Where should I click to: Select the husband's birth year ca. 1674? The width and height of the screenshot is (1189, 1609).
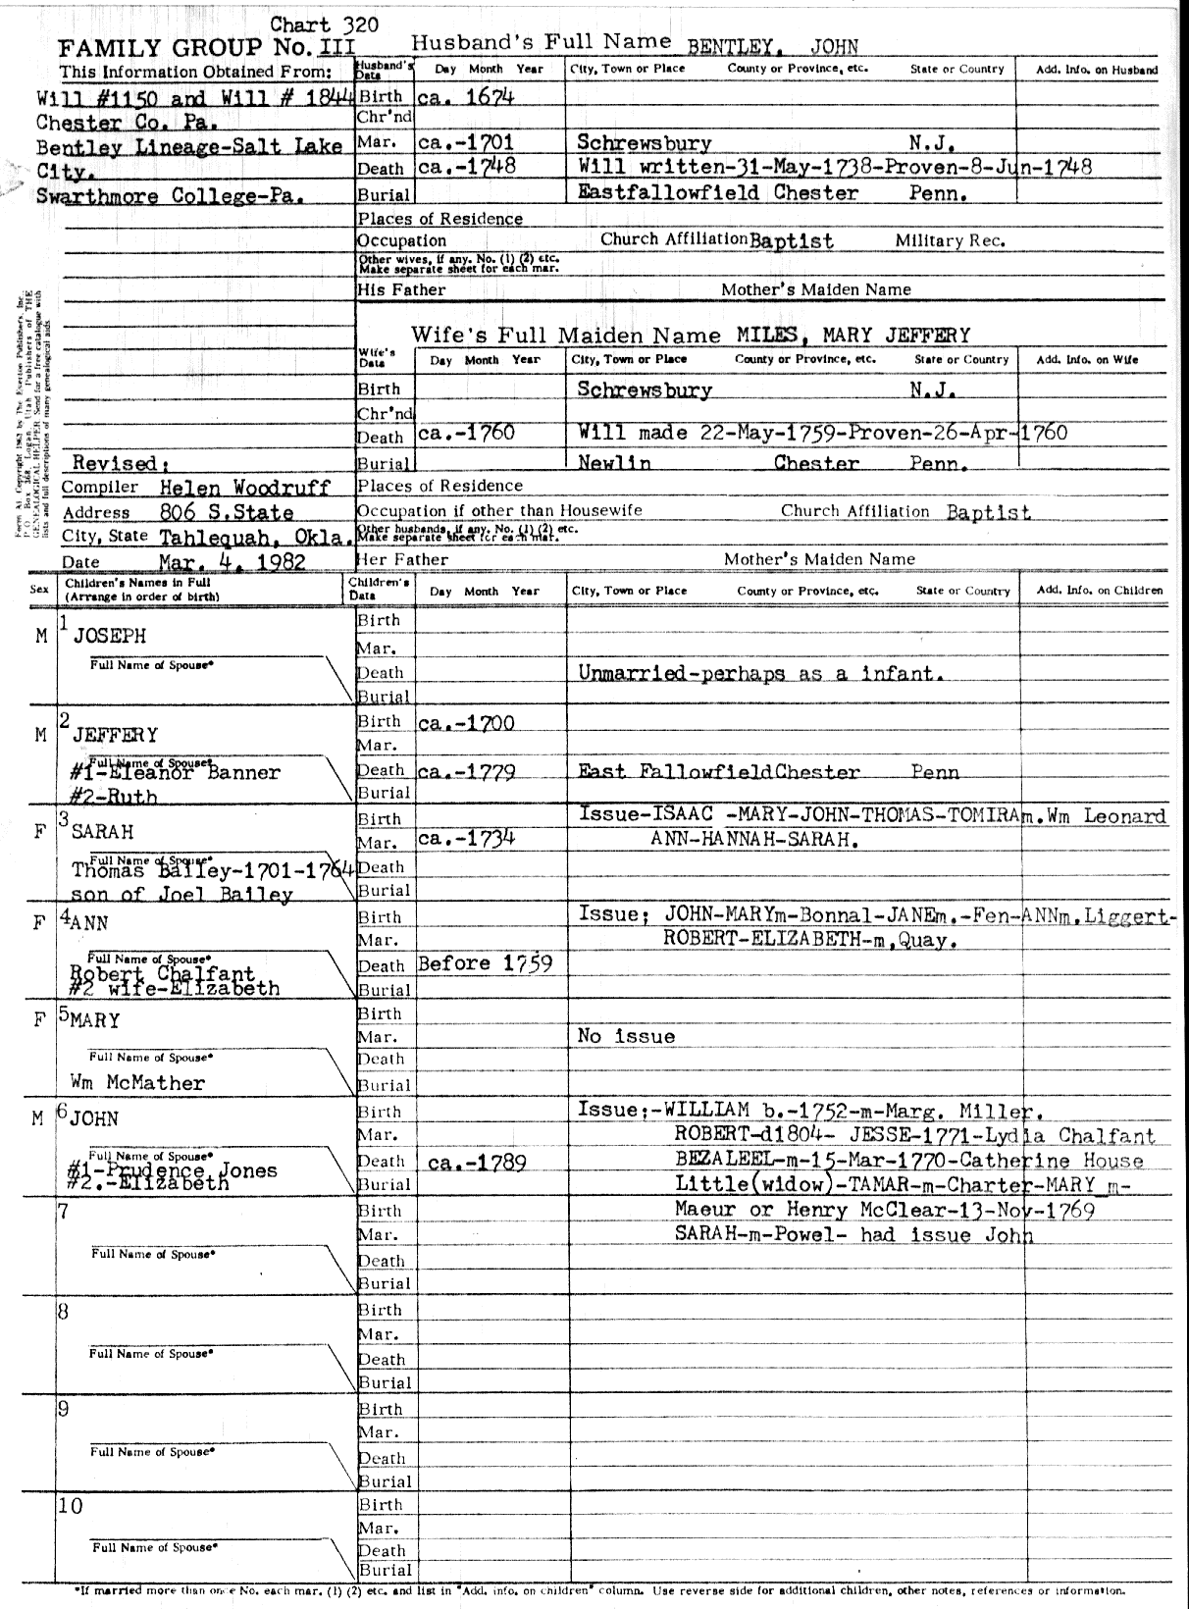point(466,97)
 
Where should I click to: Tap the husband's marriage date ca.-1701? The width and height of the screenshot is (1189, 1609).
point(466,143)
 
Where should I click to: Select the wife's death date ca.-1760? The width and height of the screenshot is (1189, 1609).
point(466,433)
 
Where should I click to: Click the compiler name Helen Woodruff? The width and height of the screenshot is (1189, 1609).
point(244,488)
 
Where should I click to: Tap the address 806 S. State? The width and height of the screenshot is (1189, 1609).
point(226,512)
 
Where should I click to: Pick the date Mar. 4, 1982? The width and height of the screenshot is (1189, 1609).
point(232,562)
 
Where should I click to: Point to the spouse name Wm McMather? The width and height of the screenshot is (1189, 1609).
point(137,1083)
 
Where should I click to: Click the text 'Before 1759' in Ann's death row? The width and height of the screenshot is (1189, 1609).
point(485,963)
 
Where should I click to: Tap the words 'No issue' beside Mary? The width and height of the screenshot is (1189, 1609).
point(626,1036)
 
